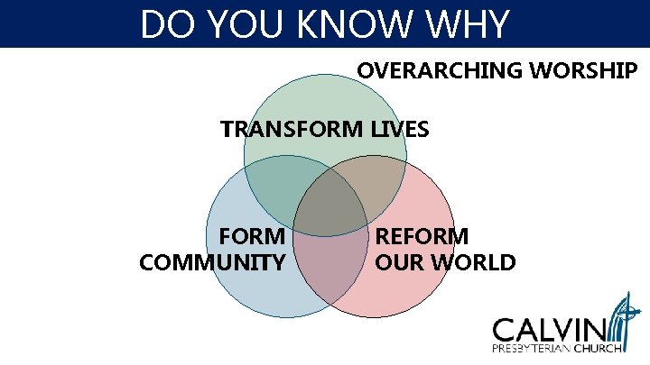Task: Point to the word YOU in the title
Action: [244, 24]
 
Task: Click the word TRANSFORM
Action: [292, 130]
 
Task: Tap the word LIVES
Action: [400, 130]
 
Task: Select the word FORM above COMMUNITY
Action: [253, 237]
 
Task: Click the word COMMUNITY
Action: [213, 263]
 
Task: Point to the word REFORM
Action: [422, 237]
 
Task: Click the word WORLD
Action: [475, 263]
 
